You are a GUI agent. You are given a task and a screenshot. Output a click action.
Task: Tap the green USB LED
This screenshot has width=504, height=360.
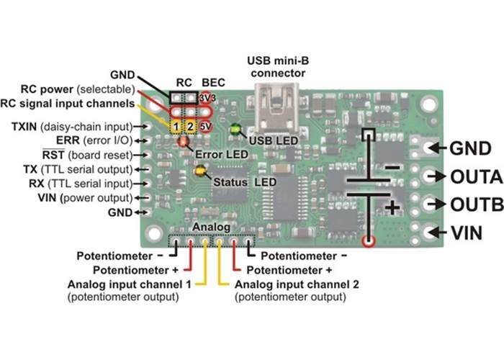234,130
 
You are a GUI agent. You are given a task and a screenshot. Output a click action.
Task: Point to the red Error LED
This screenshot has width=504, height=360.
184,142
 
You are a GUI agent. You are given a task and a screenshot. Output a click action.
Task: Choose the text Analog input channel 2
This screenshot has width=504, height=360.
297,284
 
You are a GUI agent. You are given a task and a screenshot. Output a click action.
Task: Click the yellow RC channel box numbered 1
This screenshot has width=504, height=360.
176,126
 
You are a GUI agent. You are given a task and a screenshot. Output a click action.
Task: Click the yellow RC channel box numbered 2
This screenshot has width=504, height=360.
190,126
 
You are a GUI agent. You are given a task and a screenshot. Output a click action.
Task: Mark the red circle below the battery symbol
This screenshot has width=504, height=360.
369,242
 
